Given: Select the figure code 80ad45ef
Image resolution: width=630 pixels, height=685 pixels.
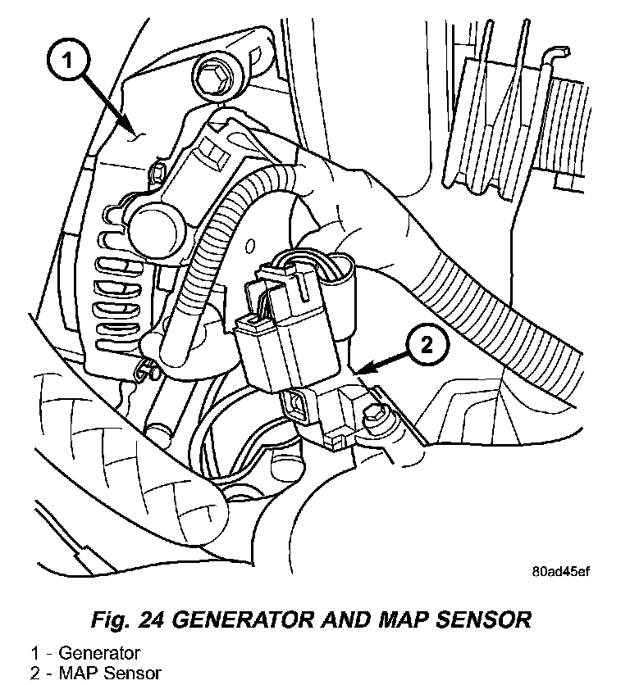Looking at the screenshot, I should (x=559, y=573).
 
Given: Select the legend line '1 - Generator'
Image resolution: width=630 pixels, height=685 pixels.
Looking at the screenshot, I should (x=85, y=653).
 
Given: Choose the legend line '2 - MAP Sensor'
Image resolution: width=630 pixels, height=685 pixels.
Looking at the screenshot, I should (x=96, y=673).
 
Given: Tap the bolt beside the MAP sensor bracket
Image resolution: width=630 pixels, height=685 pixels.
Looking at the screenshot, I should (x=377, y=416).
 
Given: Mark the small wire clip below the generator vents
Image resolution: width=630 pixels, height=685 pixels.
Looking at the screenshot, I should (x=147, y=370).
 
